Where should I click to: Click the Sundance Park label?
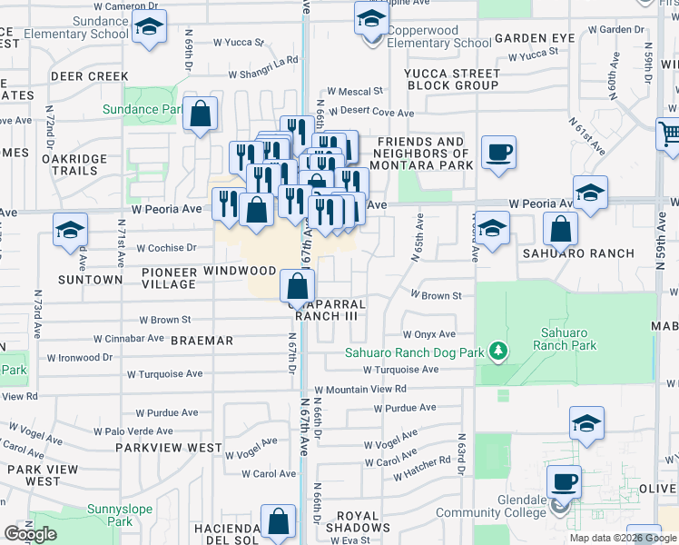coord(143,109)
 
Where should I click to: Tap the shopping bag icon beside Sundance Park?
coord(201,114)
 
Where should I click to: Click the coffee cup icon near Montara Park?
coord(497,152)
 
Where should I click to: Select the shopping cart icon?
coord(669,134)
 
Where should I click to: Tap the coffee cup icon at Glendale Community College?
coord(564,481)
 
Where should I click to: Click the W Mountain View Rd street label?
coord(361,389)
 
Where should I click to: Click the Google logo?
coord(30,534)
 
